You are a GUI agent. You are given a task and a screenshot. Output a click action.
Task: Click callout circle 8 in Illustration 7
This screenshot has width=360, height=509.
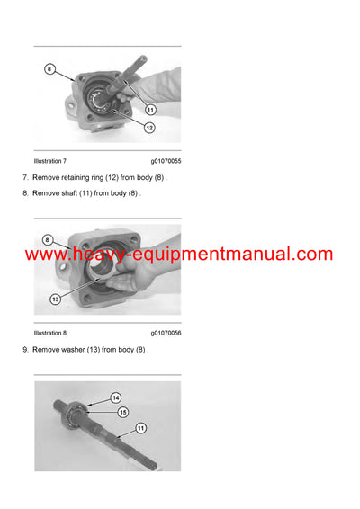[x=50, y=67]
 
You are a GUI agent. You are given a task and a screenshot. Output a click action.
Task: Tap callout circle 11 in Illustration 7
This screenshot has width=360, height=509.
[x=150, y=109]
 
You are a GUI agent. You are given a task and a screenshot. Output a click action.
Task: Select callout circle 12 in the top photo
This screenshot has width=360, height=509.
[x=149, y=127]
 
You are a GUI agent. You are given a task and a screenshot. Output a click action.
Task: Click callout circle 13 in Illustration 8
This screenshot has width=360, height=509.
[x=56, y=299]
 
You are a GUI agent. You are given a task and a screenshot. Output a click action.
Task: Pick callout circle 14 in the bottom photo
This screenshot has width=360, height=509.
[x=115, y=397]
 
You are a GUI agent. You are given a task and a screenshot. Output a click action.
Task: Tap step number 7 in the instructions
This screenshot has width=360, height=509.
[x=25, y=177]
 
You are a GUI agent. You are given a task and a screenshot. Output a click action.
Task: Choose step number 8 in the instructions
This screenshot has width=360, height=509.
[x=25, y=192]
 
